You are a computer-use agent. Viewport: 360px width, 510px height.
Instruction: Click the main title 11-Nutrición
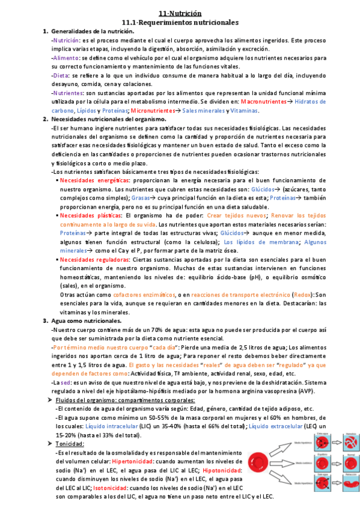[180, 13]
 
